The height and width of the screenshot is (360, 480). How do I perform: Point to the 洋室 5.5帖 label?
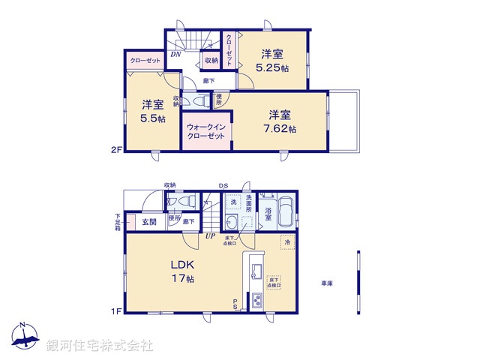pos(150,112)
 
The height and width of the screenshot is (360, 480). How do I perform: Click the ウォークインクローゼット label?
pos(205,131)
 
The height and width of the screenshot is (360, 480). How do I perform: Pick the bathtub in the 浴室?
pos(286,214)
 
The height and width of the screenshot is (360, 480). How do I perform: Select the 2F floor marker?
pos(115,150)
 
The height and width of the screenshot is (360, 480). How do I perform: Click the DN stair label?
pos(174,55)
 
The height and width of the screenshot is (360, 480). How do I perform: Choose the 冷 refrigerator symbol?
pos(286,242)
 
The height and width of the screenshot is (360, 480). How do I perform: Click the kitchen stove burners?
pos(256,301)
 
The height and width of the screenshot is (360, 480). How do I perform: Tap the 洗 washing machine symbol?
pos(233,203)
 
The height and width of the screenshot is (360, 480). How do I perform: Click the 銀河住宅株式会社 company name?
pos(100,345)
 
